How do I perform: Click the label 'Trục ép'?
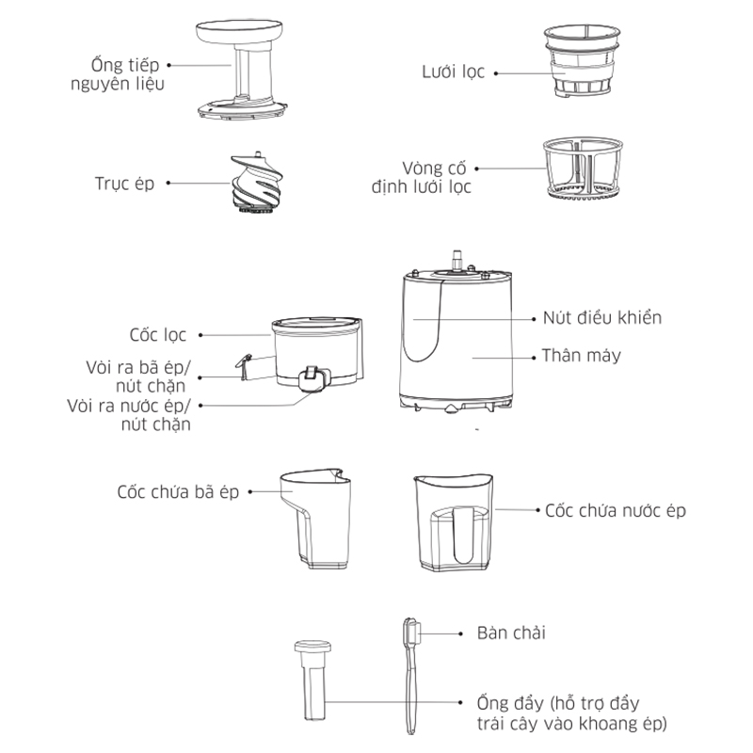click(x=124, y=184)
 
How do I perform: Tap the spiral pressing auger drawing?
click(x=256, y=184)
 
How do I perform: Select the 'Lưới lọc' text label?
click(x=454, y=72)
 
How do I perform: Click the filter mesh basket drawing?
click(x=582, y=61)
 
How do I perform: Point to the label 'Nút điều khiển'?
click(x=602, y=318)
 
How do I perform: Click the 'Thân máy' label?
click(x=582, y=356)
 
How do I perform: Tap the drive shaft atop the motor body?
click(x=457, y=260)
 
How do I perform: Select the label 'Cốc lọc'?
click(x=157, y=335)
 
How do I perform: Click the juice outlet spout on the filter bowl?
click(x=313, y=379)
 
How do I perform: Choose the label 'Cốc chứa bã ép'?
click(x=178, y=492)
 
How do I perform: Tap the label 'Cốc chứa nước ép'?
click(x=616, y=511)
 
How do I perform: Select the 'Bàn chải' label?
click(x=511, y=633)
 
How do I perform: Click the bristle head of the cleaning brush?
click(x=411, y=633)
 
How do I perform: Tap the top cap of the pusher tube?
click(x=313, y=647)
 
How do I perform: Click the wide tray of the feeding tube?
click(x=239, y=31)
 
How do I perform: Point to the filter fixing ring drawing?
click(x=583, y=168)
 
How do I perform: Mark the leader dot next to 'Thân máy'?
click(x=534, y=358)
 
